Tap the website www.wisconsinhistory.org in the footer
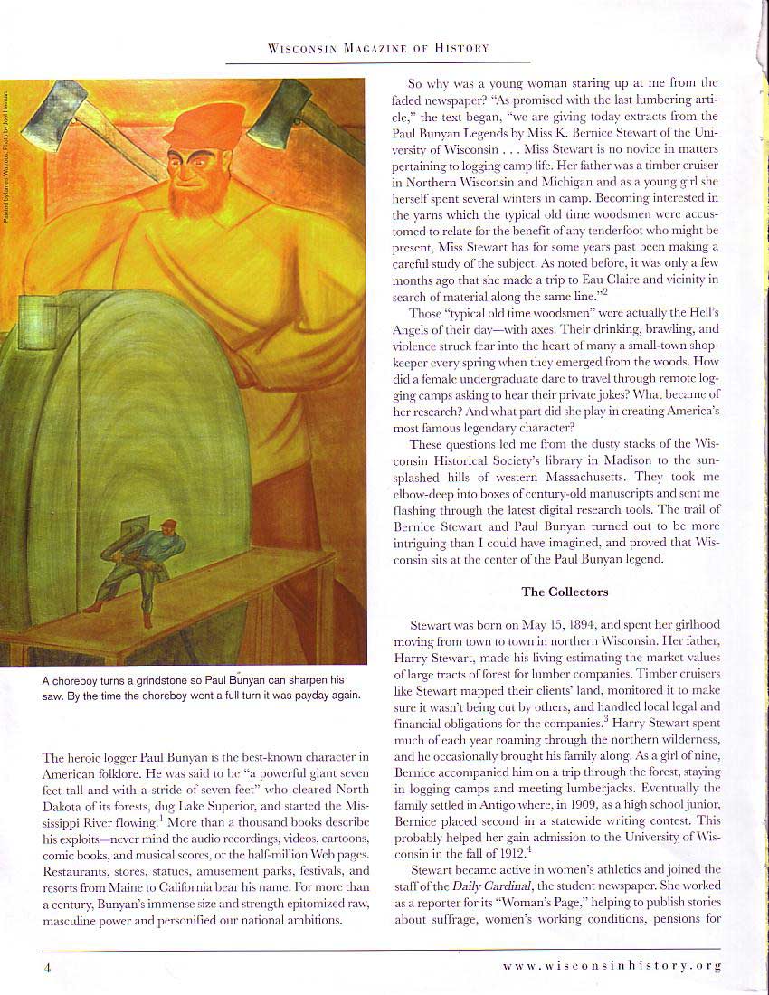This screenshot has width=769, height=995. click(612, 965)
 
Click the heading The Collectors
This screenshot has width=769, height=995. click(565, 592)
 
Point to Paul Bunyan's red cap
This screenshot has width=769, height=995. click(206, 127)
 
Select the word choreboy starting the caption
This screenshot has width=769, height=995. click(80, 679)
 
